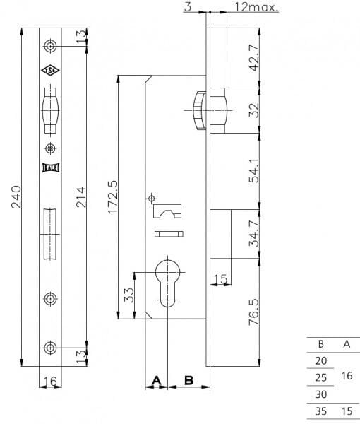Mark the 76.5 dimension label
coord(256,310)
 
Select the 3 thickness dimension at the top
coord(187,7)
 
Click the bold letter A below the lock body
coord(157,380)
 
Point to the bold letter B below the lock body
coord(188,380)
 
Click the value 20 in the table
coord(321,360)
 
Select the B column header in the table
coord(321,344)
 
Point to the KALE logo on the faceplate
coord(49,167)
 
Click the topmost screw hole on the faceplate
coord(49,45)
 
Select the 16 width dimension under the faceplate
coord(49,382)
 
